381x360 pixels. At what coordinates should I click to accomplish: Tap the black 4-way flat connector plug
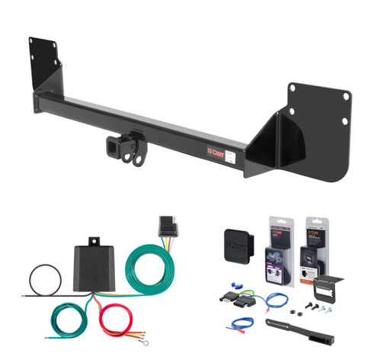pos(166,227)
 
